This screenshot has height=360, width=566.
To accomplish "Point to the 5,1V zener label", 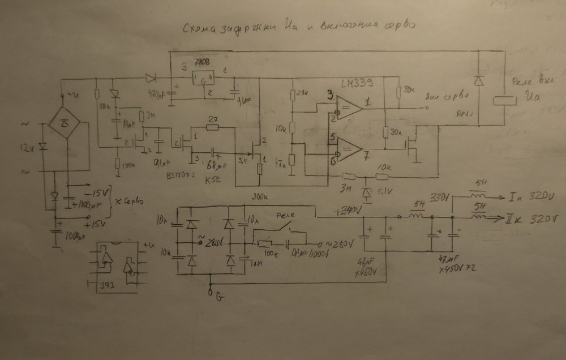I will coord(385,190).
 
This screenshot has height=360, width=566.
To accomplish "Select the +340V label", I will coord(347,211).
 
